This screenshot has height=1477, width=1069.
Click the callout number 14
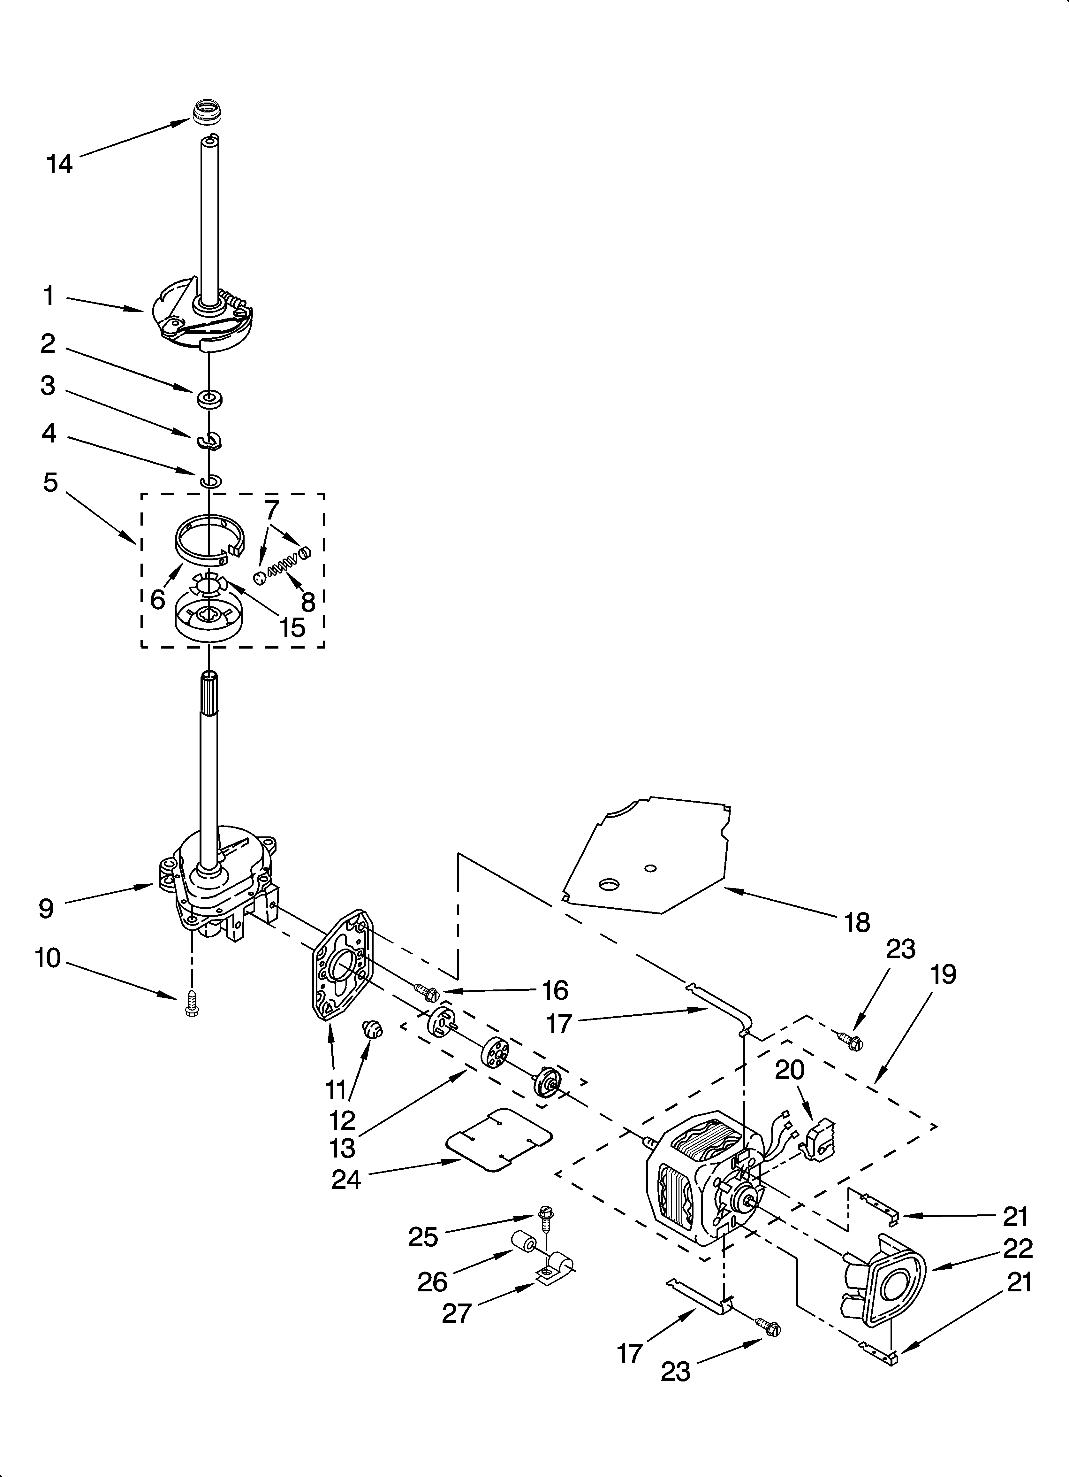click(59, 164)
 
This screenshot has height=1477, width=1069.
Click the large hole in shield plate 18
click(609, 884)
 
